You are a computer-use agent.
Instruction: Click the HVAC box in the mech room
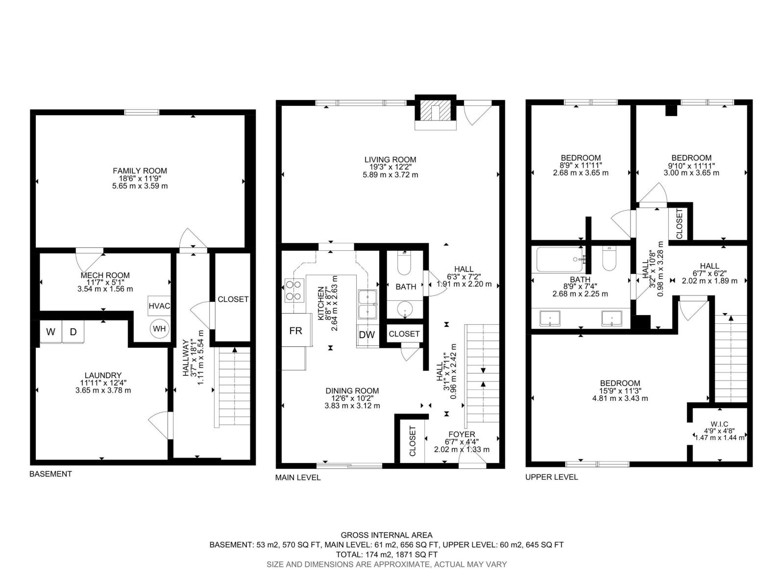click(x=159, y=306)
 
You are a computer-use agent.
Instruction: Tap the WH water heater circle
click(x=159, y=328)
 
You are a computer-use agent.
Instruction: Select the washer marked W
click(x=50, y=332)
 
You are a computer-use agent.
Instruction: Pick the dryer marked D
click(x=73, y=332)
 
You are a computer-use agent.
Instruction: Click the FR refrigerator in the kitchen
click(x=295, y=331)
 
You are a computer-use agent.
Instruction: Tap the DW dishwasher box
click(x=367, y=335)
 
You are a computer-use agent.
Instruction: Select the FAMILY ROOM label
click(x=140, y=171)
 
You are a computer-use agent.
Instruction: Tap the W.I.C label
click(x=719, y=424)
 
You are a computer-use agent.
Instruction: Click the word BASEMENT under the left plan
click(x=50, y=474)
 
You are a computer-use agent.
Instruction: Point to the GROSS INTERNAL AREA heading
click(x=387, y=535)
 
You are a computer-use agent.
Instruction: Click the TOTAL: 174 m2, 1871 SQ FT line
click(x=387, y=555)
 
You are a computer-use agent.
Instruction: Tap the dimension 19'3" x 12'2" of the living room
click(x=390, y=167)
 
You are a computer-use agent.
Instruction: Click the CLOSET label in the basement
click(x=233, y=299)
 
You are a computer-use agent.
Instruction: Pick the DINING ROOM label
click(x=352, y=391)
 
